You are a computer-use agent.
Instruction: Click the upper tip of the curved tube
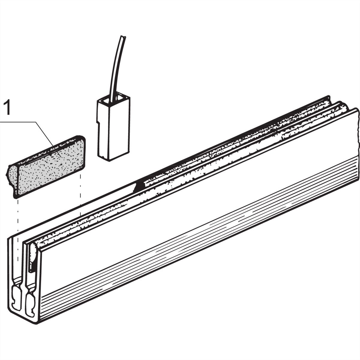pos(123,36)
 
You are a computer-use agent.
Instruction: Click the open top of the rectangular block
pos(114,99)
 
